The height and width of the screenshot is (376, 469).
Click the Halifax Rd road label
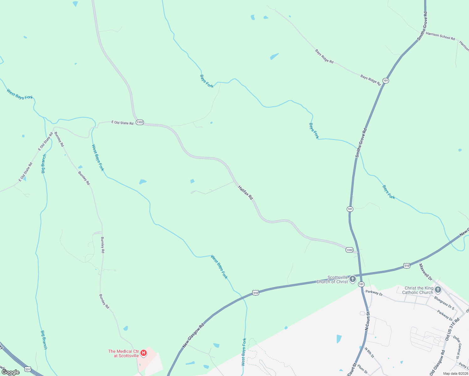(245, 193)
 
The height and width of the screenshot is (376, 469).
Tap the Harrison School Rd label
(440, 36)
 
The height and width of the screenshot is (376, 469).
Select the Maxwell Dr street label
(426, 272)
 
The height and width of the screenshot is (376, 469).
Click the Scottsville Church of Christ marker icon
(353, 279)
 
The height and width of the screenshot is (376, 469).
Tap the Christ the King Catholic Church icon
(438, 290)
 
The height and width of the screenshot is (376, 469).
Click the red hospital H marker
(144, 353)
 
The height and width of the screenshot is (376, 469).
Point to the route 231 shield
(28, 369)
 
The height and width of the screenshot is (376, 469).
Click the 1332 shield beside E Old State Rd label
(140, 122)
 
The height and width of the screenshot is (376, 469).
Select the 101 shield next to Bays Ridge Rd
(386, 81)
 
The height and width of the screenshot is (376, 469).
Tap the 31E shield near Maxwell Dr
(406, 266)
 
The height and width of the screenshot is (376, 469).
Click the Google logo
(11, 372)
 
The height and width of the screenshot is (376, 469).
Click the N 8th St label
(369, 352)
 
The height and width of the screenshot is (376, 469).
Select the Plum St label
(362, 368)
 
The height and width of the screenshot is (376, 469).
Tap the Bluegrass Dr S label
(444, 303)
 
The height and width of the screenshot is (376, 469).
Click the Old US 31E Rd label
(452, 329)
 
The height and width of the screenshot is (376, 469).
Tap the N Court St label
(367, 321)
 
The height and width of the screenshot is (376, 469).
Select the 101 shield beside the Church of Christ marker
(361, 284)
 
